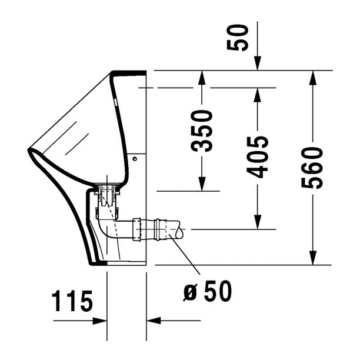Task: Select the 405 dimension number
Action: (257, 156)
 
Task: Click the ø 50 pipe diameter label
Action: (207, 291)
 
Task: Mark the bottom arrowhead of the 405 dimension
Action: (257, 222)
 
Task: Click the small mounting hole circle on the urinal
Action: (135, 159)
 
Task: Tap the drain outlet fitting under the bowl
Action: (108, 191)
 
